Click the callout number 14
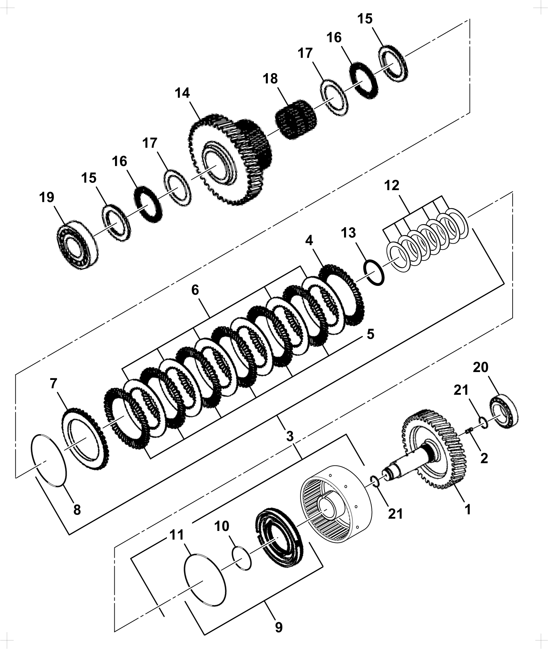[x=182, y=93]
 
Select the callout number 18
[x=270, y=79]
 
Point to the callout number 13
[x=348, y=233]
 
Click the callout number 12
[x=392, y=185]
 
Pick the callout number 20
[x=480, y=367]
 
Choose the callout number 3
[x=290, y=437]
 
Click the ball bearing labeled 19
[x=77, y=244]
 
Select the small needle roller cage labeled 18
[x=296, y=119]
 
